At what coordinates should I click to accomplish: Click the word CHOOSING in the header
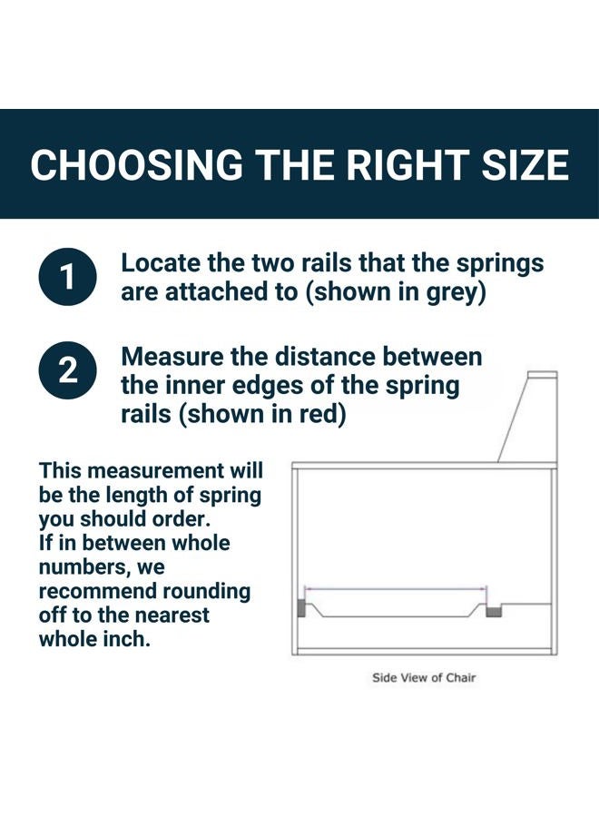[x=136, y=164]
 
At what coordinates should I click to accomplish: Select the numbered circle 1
[x=68, y=276]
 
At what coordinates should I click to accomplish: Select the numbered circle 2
[x=68, y=370]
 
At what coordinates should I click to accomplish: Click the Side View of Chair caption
[x=424, y=678]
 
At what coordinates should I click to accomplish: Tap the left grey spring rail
[x=301, y=608]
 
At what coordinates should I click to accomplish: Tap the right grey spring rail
[x=494, y=610]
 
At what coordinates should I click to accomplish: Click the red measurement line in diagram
[x=396, y=589]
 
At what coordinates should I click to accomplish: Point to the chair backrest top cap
[x=542, y=375]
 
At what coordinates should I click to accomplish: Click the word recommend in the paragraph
[x=97, y=591]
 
